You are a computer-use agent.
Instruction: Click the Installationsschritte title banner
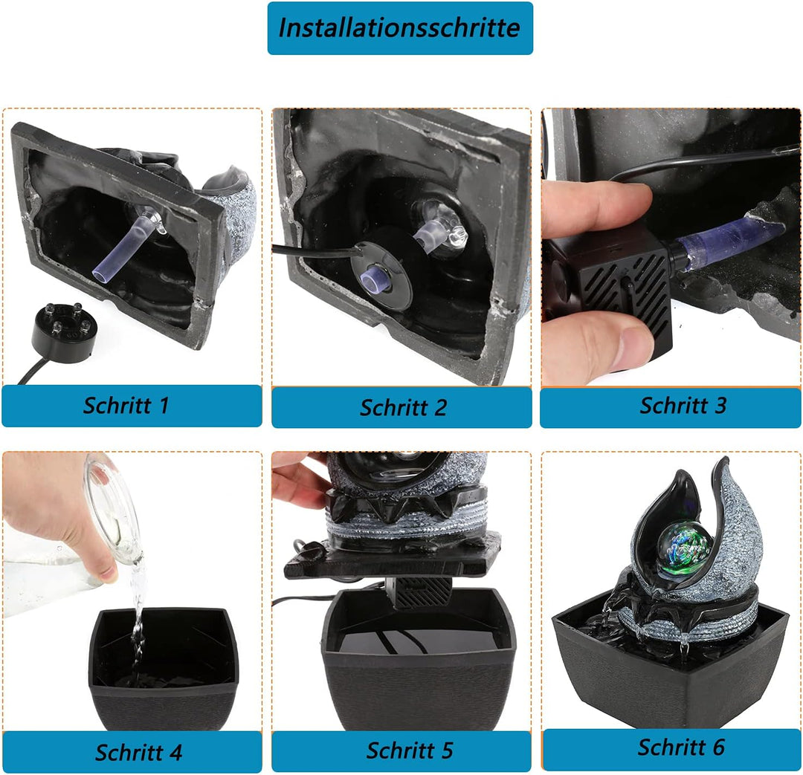(400, 27)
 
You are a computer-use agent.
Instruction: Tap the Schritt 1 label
(126, 406)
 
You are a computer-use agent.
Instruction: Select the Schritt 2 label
(403, 407)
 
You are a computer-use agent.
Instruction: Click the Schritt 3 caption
(683, 406)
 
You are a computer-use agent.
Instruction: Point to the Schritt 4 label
(138, 753)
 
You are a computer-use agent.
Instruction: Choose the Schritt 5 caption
(409, 750)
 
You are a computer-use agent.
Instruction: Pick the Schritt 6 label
(681, 748)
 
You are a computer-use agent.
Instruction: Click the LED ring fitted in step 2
(381, 275)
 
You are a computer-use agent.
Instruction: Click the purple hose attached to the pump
(727, 239)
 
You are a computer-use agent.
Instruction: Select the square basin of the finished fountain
(670, 666)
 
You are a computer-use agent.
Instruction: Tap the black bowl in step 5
(418, 661)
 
